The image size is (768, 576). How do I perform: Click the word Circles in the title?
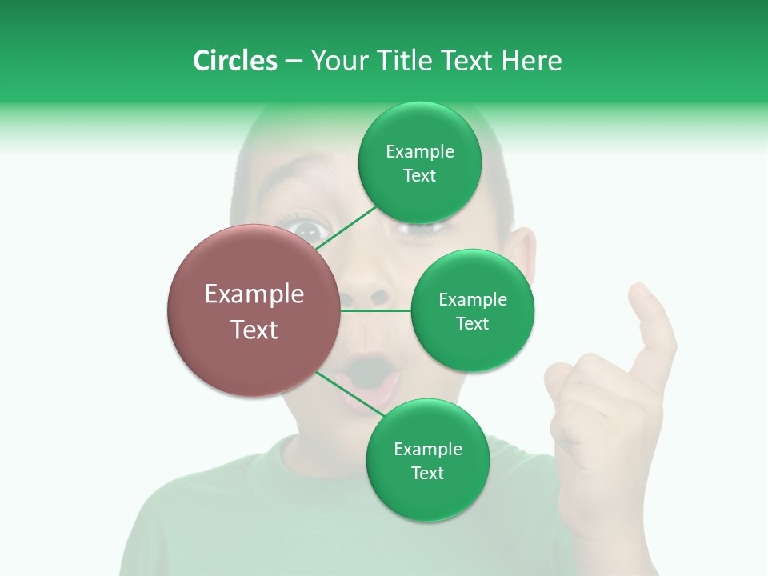(234, 61)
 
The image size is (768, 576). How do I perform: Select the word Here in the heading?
(531, 61)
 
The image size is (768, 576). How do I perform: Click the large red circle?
(254, 310)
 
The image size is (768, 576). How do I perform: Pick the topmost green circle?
(420, 163)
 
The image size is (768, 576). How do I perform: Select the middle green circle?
(472, 310)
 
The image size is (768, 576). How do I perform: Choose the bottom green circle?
(427, 460)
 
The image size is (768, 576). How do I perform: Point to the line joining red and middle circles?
(376, 310)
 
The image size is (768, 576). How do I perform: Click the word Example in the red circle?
(254, 294)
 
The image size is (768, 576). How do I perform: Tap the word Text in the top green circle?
(420, 176)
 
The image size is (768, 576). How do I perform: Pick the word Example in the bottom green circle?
(427, 449)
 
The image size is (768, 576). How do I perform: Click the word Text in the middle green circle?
(472, 323)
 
